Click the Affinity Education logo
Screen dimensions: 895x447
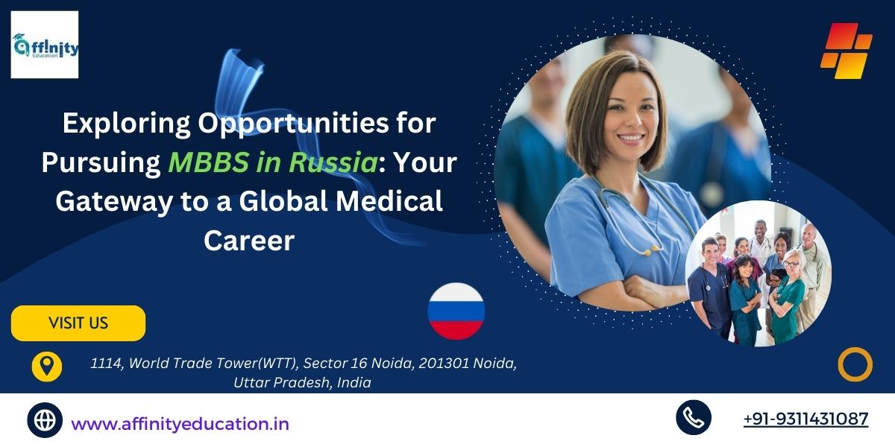(44, 45)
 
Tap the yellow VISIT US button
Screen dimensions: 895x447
(78, 323)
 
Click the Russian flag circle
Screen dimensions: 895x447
(456, 311)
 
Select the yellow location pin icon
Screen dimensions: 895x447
(47, 367)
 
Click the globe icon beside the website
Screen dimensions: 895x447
(45, 420)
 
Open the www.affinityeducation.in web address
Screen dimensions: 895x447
(180, 424)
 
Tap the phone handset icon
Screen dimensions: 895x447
(694, 417)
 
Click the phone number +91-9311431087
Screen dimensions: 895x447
(806, 419)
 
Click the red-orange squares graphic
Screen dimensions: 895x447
(847, 51)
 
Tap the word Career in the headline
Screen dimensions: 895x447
(249, 241)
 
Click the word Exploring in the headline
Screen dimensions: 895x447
(126, 124)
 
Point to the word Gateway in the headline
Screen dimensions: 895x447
(114, 202)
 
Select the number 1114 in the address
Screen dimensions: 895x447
(106, 364)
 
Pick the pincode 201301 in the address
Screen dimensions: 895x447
(444, 364)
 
